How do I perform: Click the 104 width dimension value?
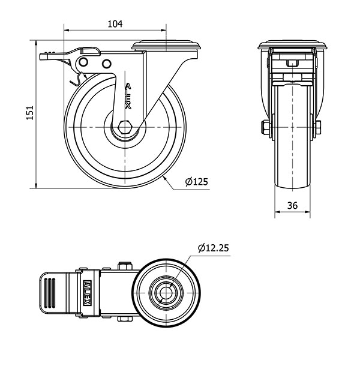tap(115, 24)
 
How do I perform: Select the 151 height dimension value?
tap(29, 113)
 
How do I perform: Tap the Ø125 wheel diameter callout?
tap(196, 181)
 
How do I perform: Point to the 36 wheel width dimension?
tap(292, 205)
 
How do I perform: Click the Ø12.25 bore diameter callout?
tap(213, 248)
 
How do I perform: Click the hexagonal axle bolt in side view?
tap(125, 127)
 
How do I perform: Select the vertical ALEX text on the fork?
tap(128, 96)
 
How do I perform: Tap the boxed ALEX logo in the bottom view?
tap(87, 293)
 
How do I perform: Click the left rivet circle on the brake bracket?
tap(83, 62)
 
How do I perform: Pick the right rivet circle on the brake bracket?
tap(106, 64)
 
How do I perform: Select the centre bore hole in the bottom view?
tap(166, 292)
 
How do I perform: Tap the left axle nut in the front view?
tap(267, 127)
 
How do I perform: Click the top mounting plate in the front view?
tap(292, 45)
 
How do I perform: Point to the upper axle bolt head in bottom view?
tap(125, 266)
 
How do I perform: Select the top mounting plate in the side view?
tap(166, 45)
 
